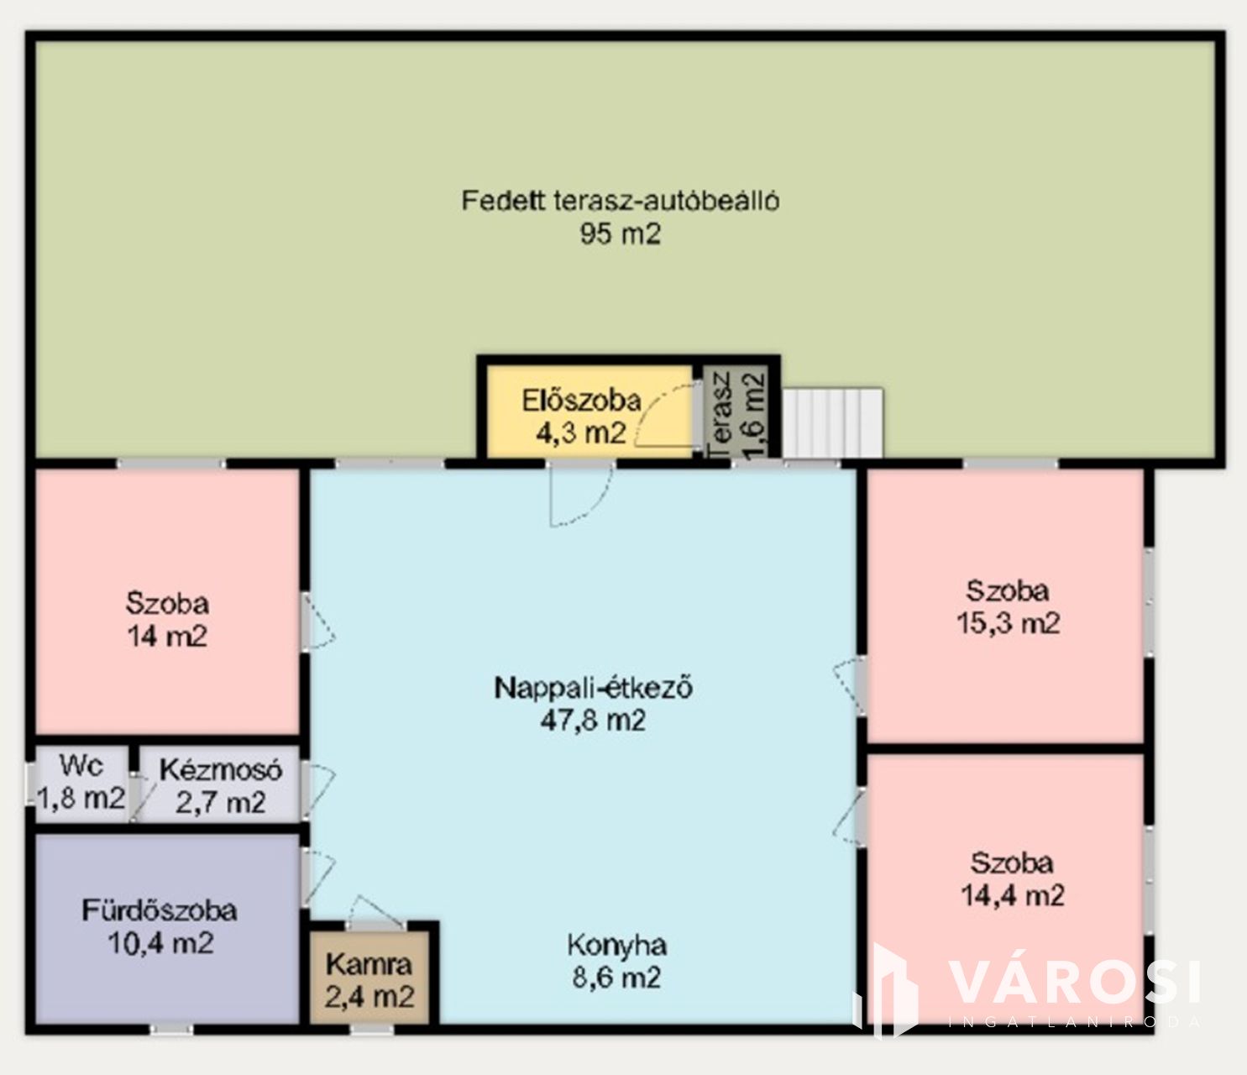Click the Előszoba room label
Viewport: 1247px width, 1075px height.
581,401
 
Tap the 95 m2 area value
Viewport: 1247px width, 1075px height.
621,233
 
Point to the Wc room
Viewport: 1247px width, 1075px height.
81,785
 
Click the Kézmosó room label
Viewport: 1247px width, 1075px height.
221,770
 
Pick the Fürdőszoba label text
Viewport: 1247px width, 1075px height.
160,911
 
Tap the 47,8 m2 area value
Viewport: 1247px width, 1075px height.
593,721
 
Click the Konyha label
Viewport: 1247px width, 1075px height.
616,946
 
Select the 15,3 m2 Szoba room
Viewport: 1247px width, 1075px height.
1005,606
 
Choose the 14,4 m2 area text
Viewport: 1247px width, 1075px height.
1013,896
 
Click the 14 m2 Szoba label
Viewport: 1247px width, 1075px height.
167,603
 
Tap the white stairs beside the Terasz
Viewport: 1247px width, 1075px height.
832,423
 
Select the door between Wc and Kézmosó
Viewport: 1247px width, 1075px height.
138,796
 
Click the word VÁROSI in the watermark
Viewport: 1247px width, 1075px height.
1075,981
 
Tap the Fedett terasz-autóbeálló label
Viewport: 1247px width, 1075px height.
621,200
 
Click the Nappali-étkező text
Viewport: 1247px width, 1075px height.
593,688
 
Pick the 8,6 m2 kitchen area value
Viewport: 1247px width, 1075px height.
616,978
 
